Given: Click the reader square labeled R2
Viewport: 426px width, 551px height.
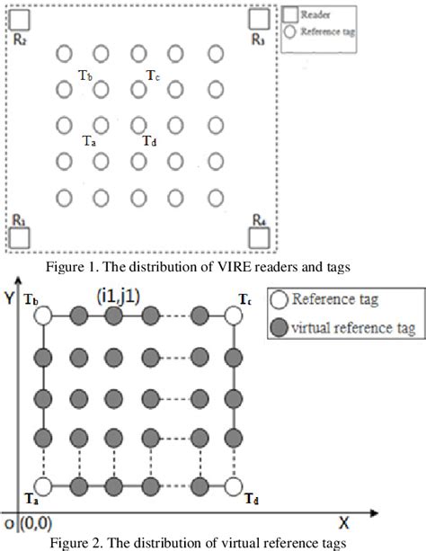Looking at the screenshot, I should [19, 19].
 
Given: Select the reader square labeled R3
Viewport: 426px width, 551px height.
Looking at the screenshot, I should [261, 19].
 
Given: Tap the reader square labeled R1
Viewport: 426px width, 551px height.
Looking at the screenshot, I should [20, 236].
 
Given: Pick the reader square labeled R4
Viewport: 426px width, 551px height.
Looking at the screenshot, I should [261, 236].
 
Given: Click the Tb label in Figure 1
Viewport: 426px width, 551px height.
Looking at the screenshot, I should [85, 76].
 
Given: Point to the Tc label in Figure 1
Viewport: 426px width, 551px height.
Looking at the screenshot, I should [154, 76].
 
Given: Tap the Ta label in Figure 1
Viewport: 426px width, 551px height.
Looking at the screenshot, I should [89, 140].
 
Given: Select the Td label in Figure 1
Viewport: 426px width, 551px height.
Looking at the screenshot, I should [151, 140].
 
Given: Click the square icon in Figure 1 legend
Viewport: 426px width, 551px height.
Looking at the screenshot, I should [290, 14].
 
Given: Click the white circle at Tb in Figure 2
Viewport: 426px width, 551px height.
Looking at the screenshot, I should [47, 314].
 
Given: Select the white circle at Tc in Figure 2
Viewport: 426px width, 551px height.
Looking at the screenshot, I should [235, 314].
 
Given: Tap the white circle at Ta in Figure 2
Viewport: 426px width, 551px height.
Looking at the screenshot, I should [47, 486].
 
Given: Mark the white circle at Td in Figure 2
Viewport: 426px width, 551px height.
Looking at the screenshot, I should [235, 486].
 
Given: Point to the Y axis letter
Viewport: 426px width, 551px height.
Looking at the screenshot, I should [10, 298].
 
